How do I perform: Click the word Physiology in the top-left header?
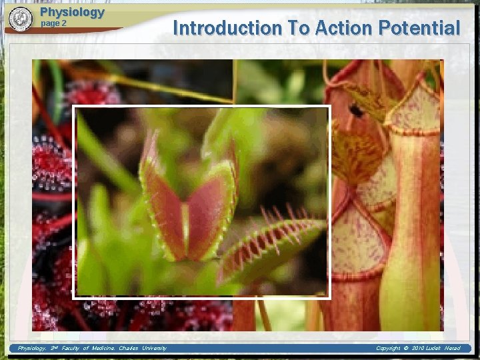click(72, 12)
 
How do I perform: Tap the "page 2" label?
click(54, 23)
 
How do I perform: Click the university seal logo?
click(21, 19)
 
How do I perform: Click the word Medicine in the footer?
click(99, 348)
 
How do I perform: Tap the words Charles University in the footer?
click(143, 348)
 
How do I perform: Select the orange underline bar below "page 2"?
click(80, 30)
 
